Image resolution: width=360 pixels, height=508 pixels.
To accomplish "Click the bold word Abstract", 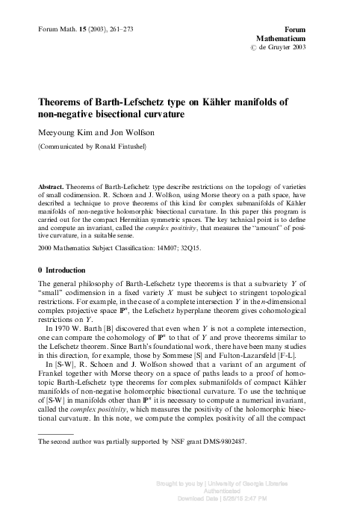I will pos(49,185).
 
